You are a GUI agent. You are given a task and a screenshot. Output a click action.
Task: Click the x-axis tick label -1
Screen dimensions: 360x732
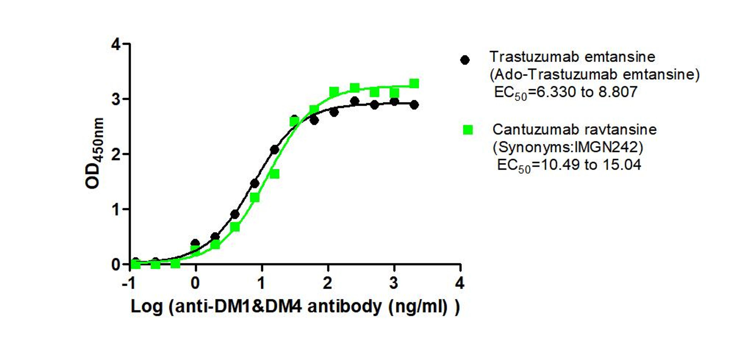[128, 283]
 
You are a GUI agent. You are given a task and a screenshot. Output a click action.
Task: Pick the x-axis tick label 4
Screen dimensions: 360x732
[459, 283]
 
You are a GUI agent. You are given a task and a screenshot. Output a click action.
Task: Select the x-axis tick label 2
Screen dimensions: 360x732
[327, 283]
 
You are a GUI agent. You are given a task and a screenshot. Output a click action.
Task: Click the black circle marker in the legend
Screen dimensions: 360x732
[465, 60]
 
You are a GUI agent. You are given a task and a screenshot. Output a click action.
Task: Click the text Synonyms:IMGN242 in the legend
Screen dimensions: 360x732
[568, 147]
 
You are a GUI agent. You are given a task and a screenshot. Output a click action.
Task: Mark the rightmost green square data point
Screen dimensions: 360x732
[414, 83]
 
